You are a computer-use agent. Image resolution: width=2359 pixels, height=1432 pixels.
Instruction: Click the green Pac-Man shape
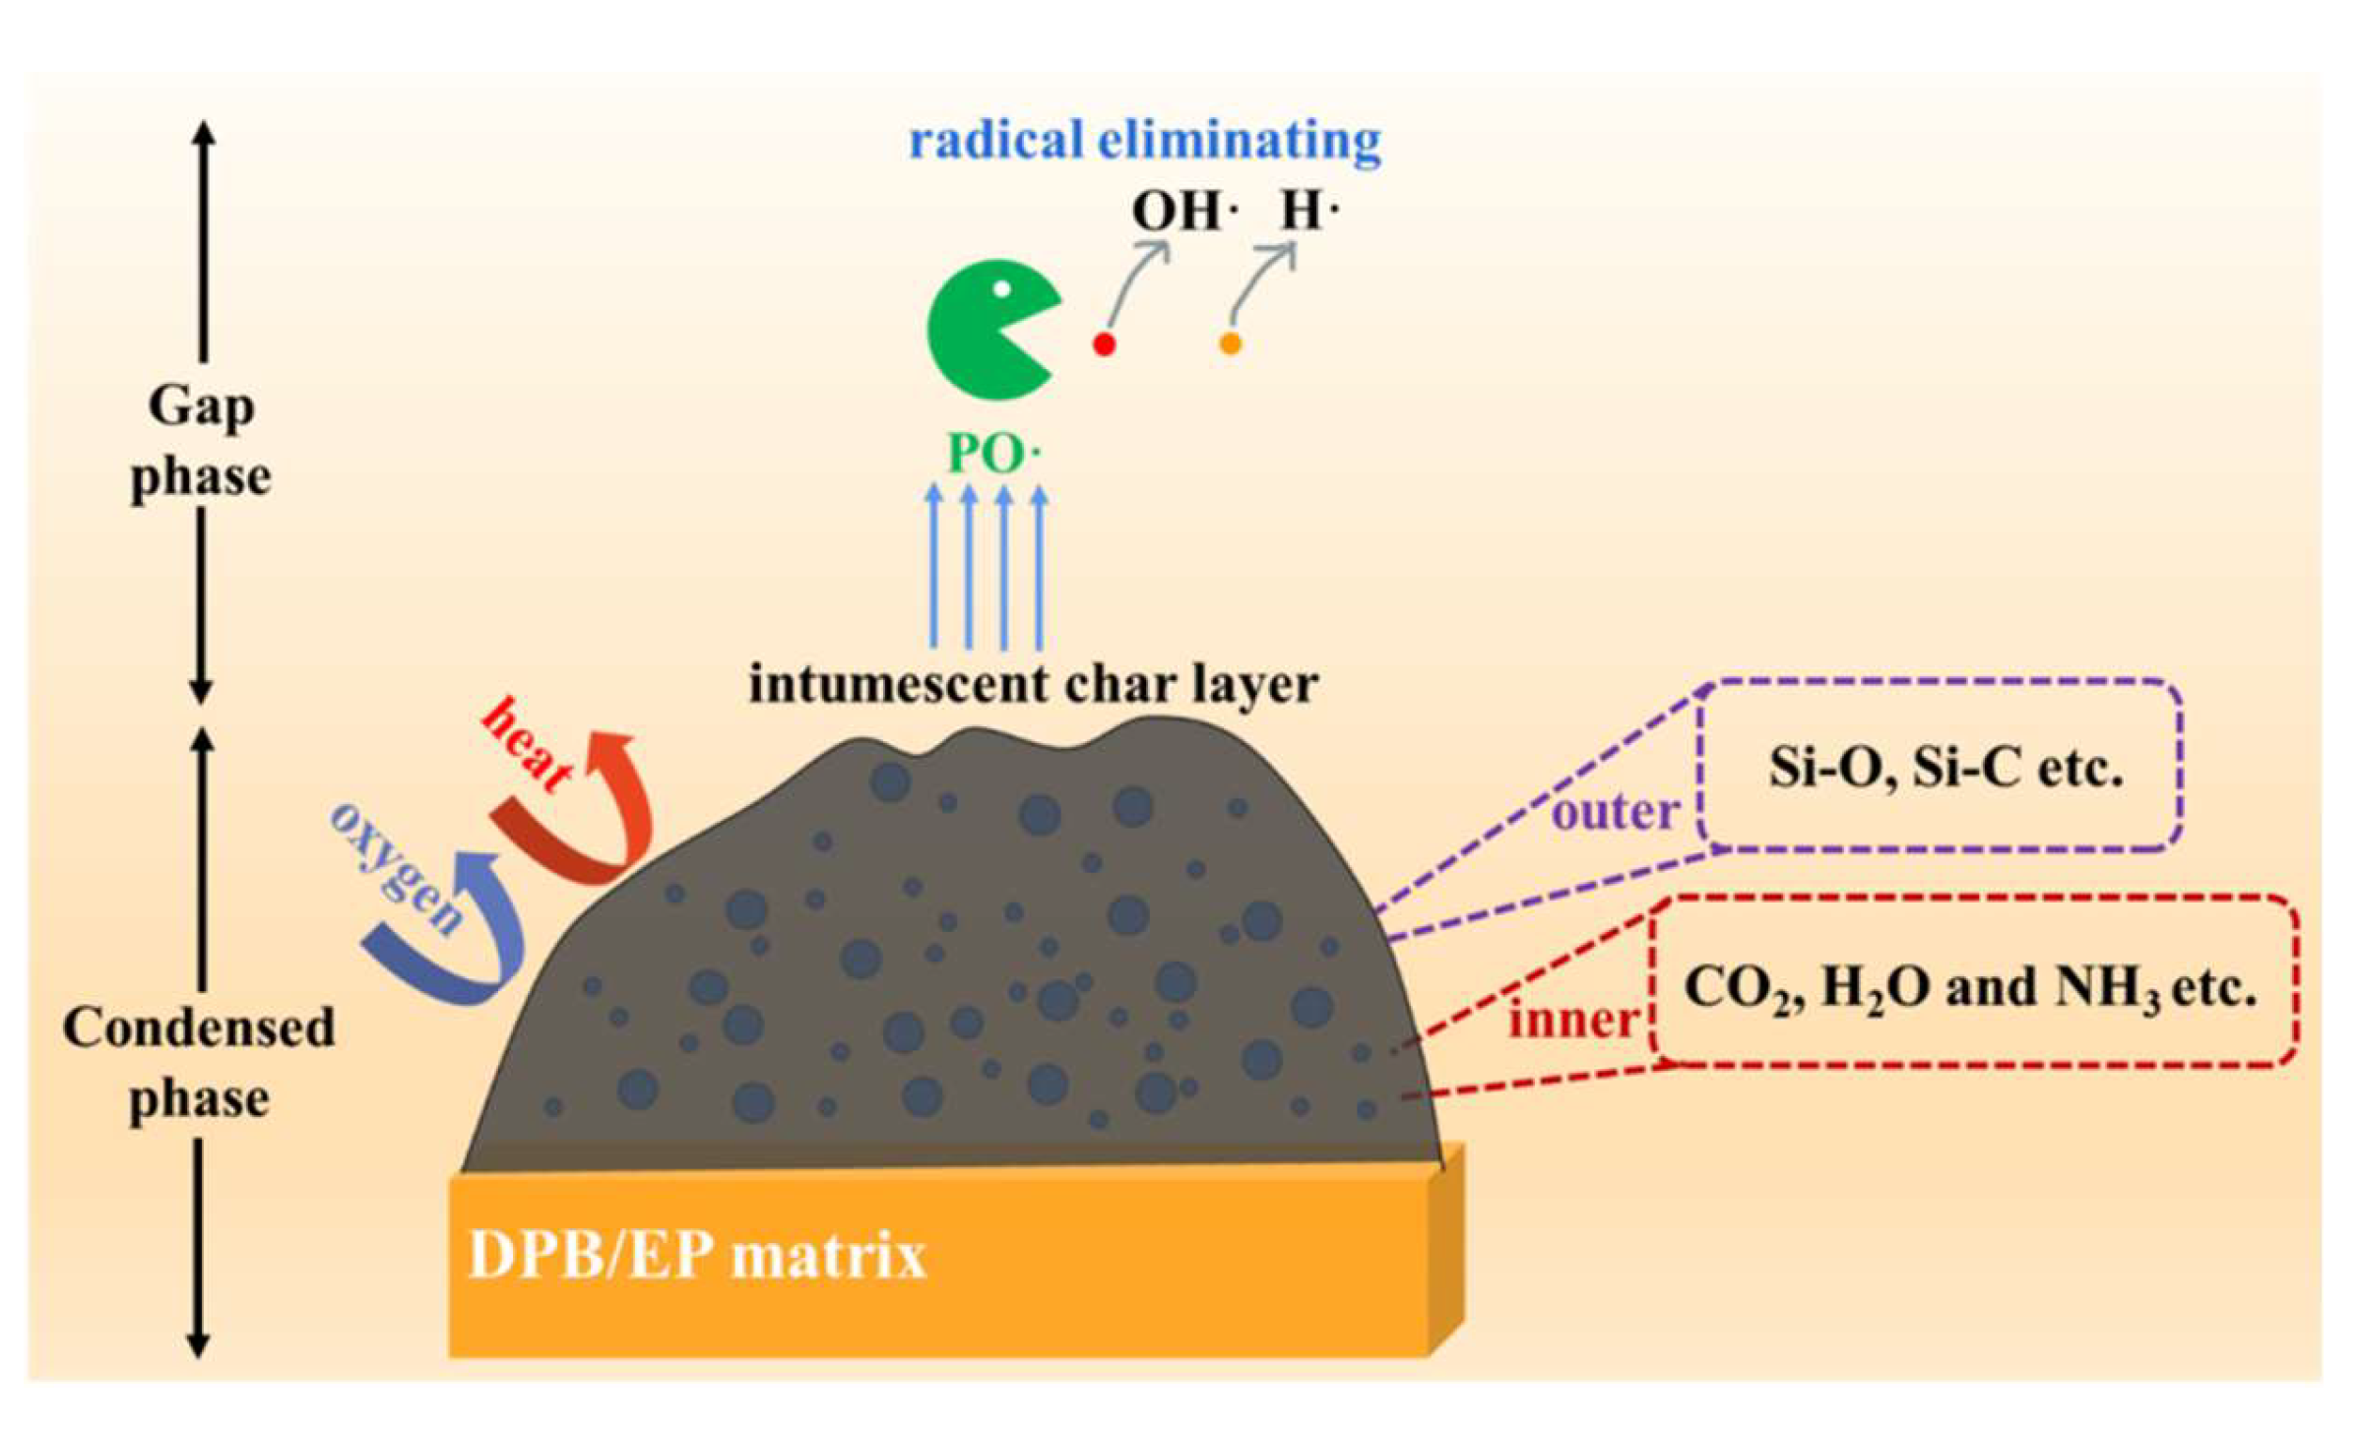pyautogui.click(x=985, y=330)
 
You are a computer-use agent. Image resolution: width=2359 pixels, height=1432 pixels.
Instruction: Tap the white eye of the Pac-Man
pyautogui.click(x=1001, y=289)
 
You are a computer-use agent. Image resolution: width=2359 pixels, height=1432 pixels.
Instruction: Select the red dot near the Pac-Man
pyautogui.click(x=1104, y=344)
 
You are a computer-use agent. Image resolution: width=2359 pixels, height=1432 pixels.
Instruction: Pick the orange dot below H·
pyautogui.click(x=1230, y=343)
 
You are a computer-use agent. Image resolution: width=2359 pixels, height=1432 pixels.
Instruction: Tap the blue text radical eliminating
pyautogui.click(x=1145, y=140)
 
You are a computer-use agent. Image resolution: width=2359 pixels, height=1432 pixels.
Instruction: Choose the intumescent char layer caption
pyautogui.click(x=1033, y=684)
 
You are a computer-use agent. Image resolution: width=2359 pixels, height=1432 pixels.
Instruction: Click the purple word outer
pyautogui.click(x=1615, y=812)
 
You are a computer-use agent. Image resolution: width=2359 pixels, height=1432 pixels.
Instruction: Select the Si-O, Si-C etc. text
pyautogui.click(x=1945, y=767)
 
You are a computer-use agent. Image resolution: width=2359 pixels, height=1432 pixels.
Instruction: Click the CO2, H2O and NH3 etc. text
pyautogui.click(x=1969, y=987)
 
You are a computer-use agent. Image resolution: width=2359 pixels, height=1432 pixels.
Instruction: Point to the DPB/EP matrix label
pyautogui.click(x=697, y=1256)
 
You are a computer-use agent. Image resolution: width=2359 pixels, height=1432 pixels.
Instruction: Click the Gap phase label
pyautogui.click(x=201, y=441)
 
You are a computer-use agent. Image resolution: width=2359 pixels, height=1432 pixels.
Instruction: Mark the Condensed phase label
pyautogui.click(x=199, y=1063)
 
